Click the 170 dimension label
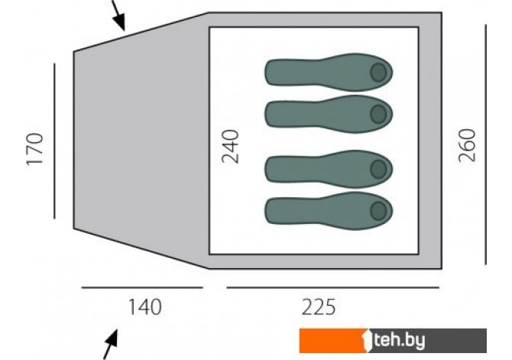(35, 149)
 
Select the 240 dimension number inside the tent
(230, 146)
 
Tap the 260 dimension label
(467, 145)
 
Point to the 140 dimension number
(145, 307)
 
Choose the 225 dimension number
(319, 307)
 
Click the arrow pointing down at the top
(118, 15)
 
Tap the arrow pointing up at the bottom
(110, 345)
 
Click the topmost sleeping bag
(329, 72)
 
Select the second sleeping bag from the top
(329, 114)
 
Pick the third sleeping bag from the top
(329, 169)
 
